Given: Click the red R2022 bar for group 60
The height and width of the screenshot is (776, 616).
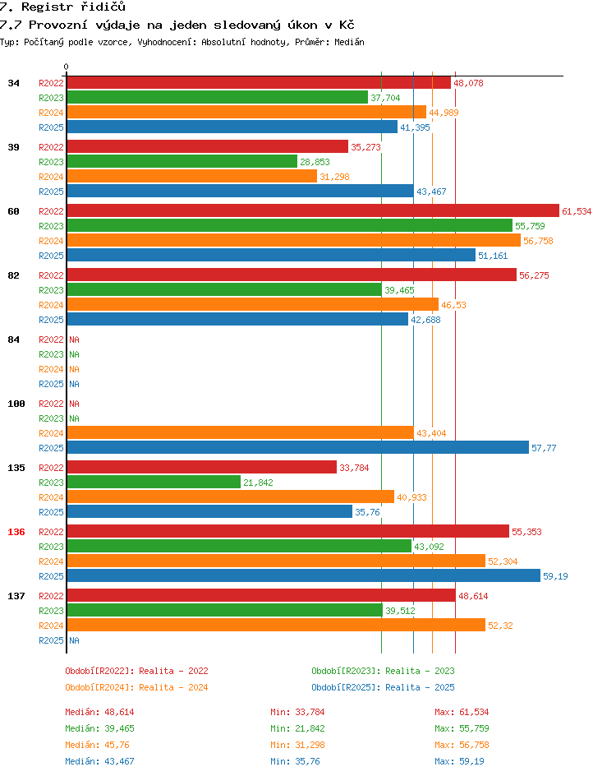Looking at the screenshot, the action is pyautogui.click(x=313, y=210).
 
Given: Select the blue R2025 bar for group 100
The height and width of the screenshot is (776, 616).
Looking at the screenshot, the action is pyautogui.click(x=298, y=448).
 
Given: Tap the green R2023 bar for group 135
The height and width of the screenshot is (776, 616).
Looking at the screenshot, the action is pyautogui.click(x=154, y=483).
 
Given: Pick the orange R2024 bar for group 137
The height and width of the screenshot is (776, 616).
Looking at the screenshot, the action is pyautogui.click(x=276, y=626).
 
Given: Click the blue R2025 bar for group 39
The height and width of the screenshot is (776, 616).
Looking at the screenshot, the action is pyautogui.click(x=241, y=192).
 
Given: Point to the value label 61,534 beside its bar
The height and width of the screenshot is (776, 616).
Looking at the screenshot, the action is pyautogui.click(x=577, y=211).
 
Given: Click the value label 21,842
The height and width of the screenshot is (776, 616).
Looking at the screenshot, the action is pyautogui.click(x=258, y=483).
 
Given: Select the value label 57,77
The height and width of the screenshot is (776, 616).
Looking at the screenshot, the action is pyautogui.click(x=544, y=448).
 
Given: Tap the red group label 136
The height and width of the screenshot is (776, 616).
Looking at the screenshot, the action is pyautogui.click(x=16, y=532).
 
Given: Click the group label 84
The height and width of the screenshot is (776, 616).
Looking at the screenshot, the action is pyautogui.click(x=13, y=339).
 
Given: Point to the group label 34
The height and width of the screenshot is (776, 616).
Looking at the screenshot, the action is pyautogui.click(x=13, y=83).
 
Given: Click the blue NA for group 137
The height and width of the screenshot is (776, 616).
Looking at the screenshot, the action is pyautogui.click(x=74, y=640).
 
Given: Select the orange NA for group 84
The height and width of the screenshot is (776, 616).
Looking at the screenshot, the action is pyautogui.click(x=74, y=369).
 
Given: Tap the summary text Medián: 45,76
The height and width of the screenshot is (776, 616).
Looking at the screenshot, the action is pyautogui.click(x=97, y=745).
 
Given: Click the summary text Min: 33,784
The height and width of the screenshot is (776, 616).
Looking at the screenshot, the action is pyautogui.click(x=297, y=712).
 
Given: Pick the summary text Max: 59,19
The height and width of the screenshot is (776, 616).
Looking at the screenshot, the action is pyautogui.click(x=459, y=761).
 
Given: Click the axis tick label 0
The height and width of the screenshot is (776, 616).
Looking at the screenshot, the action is pyautogui.click(x=67, y=67).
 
